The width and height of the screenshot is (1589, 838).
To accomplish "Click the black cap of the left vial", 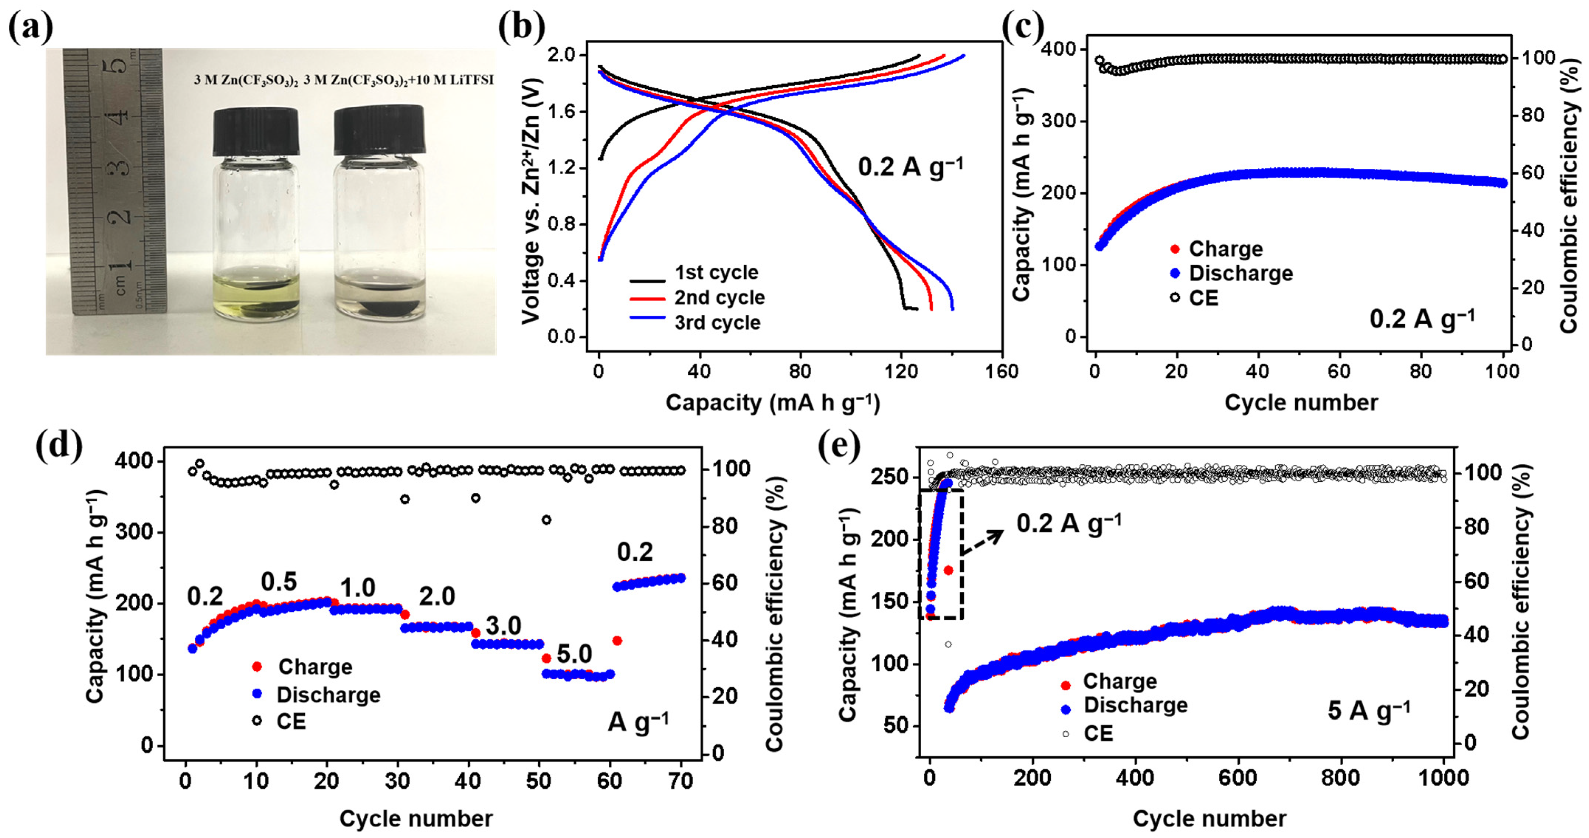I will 256,131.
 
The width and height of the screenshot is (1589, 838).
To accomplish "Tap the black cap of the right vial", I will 379,130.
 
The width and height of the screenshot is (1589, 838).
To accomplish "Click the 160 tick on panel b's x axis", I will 1001,371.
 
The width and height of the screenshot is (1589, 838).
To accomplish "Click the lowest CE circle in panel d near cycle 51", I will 546,519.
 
